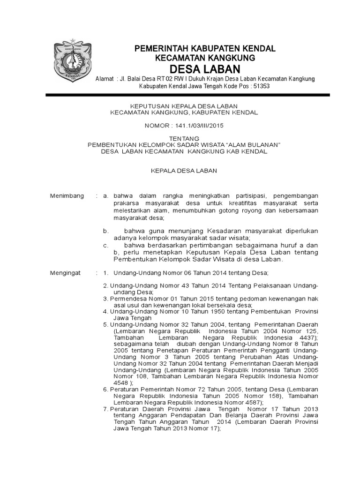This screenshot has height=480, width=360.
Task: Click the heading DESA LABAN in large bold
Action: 205,68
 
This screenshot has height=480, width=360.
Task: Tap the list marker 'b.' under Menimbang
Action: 106,231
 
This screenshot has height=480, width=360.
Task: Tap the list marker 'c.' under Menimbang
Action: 106,245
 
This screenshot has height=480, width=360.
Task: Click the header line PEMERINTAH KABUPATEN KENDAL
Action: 205,49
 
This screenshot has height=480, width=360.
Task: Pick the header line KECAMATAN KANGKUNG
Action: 205,58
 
